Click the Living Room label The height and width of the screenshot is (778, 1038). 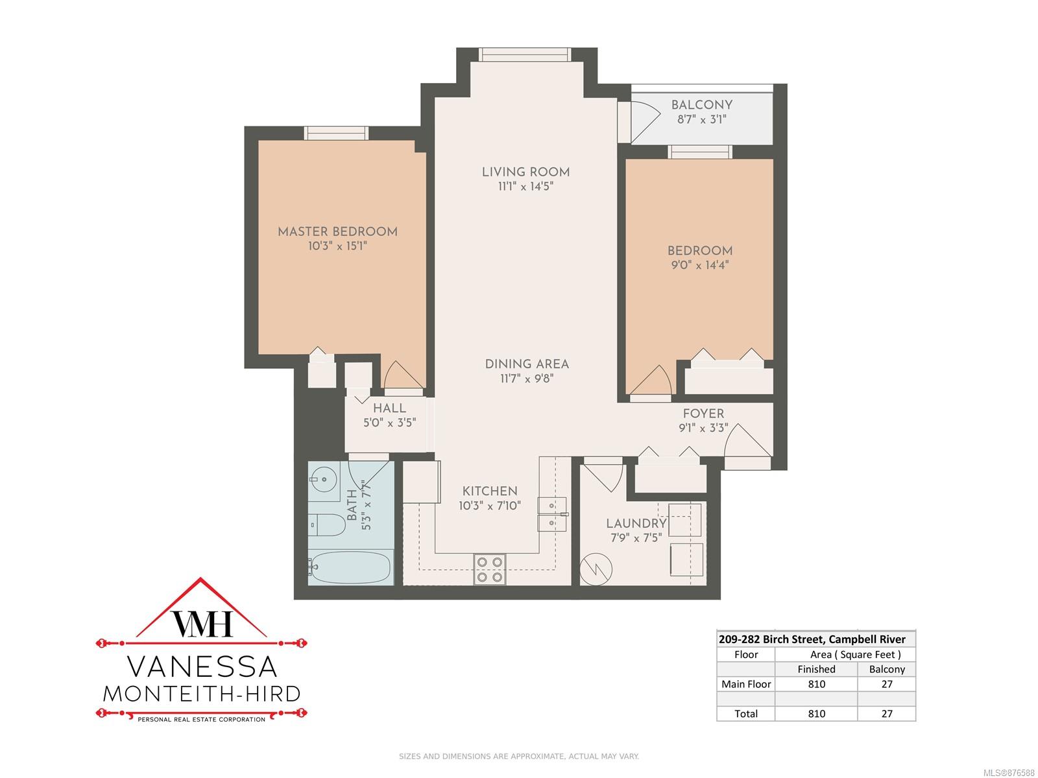pyautogui.click(x=525, y=172)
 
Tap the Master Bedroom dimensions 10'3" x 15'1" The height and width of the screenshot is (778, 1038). pyautogui.click(x=337, y=246)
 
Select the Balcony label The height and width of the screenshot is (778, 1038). pyautogui.click(x=702, y=105)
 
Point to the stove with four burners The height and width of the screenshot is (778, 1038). pyautogui.click(x=489, y=569)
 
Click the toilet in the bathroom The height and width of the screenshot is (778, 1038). pyautogui.click(x=326, y=525)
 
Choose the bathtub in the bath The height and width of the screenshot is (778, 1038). pyautogui.click(x=350, y=567)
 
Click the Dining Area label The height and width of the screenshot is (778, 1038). pyautogui.click(x=527, y=364)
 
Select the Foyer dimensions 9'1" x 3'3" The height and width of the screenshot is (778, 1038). pyautogui.click(x=703, y=427)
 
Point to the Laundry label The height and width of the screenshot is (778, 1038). pyautogui.click(x=636, y=523)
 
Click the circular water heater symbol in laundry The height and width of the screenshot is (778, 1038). pyautogui.click(x=596, y=569)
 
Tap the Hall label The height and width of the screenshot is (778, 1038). pyautogui.click(x=389, y=408)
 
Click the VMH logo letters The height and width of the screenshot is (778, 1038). pyautogui.click(x=202, y=623)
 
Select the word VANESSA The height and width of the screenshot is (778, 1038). pyautogui.click(x=202, y=666)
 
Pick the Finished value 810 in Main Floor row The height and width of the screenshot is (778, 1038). pyautogui.click(x=816, y=683)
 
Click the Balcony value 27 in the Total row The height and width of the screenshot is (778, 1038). pyautogui.click(x=887, y=713)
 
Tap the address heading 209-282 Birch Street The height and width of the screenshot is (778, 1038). pyautogui.click(x=772, y=639)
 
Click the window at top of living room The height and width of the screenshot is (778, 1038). pyautogui.click(x=525, y=55)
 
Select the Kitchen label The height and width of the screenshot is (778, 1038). pyautogui.click(x=489, y=491)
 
